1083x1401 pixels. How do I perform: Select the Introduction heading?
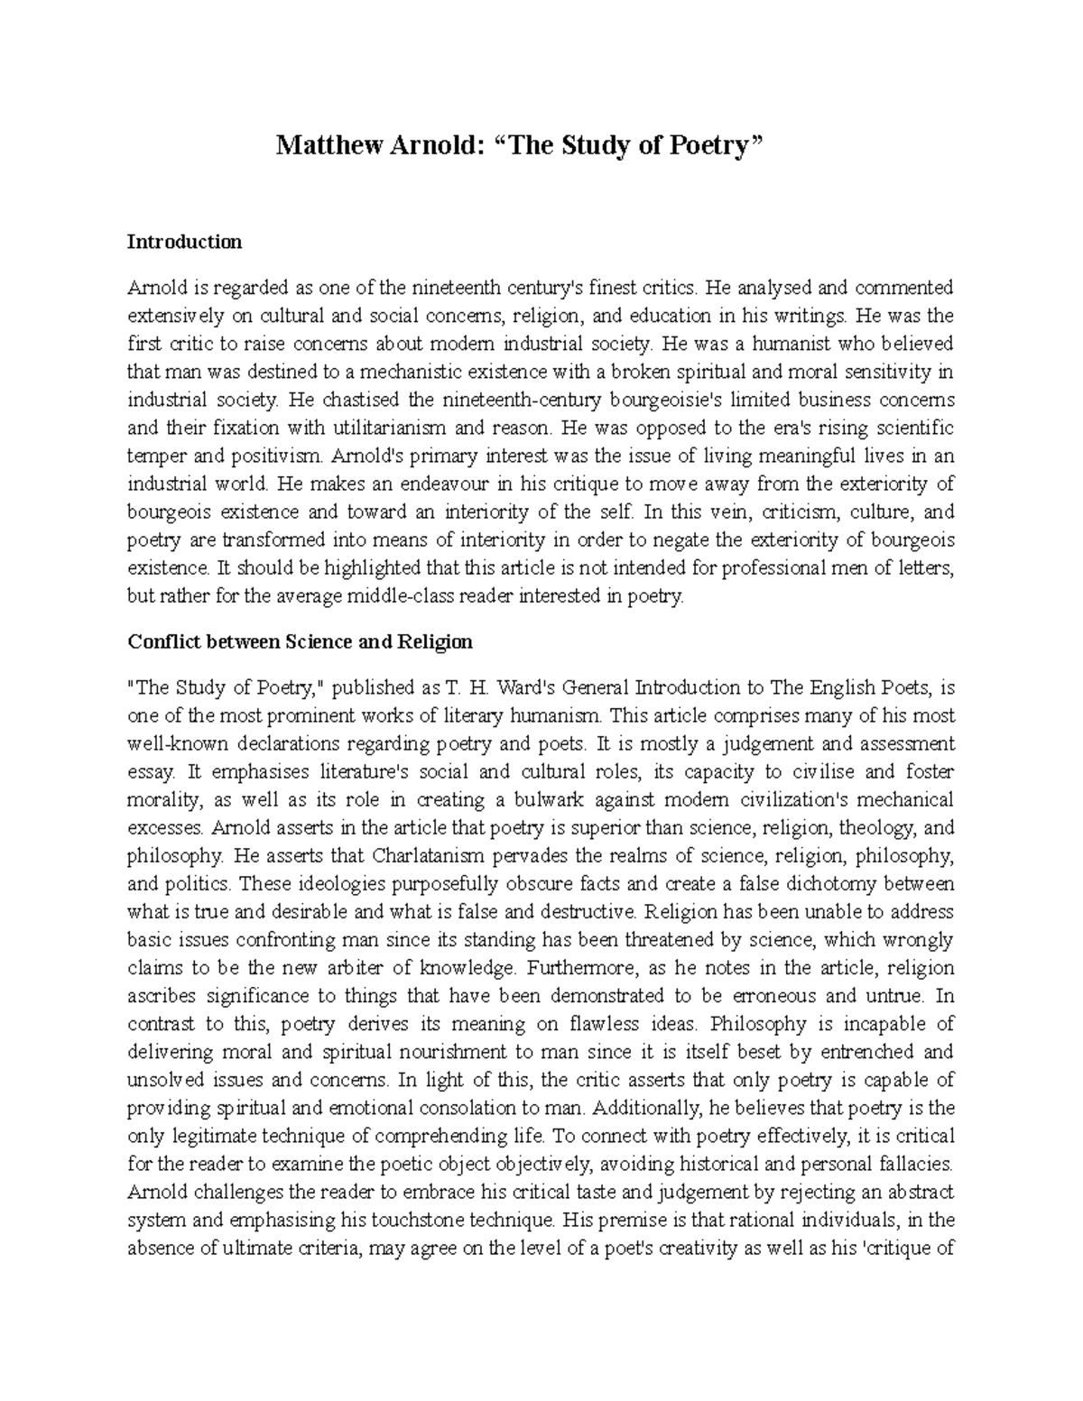point(184,242)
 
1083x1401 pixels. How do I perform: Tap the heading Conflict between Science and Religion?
point(300,642)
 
